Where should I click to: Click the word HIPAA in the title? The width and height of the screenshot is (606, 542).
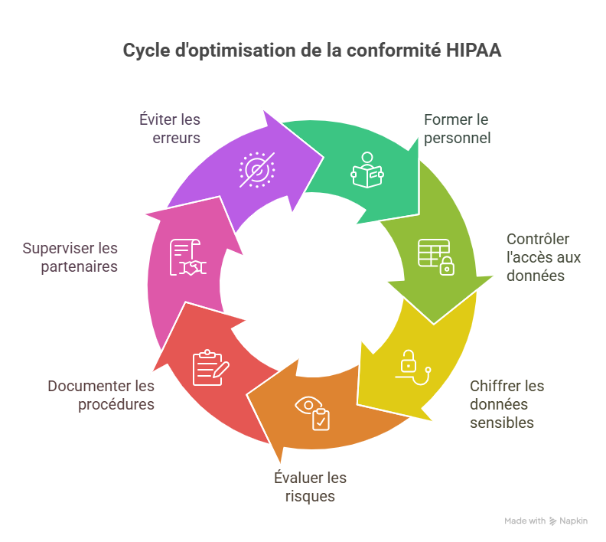click(474, 51)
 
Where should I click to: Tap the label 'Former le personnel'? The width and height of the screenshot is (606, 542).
click(457, 129)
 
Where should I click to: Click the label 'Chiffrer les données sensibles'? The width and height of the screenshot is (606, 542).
click(507, 404)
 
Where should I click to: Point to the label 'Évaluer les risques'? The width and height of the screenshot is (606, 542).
click(310, 487)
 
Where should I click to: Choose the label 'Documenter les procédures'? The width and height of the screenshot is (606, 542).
click(101, 395)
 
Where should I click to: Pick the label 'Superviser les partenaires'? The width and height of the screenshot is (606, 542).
click(70, 258)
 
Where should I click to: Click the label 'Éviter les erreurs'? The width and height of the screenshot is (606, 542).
click(170, 129)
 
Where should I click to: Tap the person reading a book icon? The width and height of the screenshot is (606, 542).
click(367, 170)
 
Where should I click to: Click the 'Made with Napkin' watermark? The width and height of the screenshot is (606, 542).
click(546, 521)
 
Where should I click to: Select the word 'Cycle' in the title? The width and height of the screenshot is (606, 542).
click(145, 51)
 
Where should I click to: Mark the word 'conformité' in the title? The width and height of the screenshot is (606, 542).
click(399, 51)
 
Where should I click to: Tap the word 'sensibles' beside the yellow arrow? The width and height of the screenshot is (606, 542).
click(502, 423)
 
